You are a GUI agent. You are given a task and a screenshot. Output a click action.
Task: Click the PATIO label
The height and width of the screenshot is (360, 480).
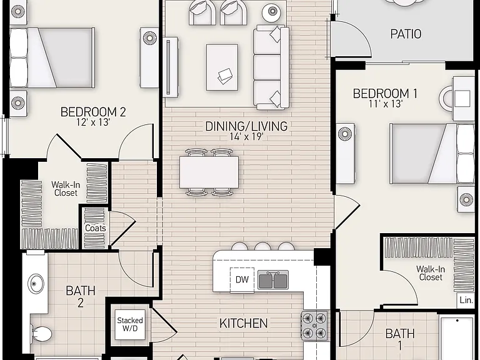click(x=406, y=34)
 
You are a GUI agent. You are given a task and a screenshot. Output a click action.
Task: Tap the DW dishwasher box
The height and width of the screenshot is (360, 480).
click(x=242, y=279)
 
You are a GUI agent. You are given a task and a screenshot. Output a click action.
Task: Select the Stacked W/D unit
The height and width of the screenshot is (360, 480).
click(x=130, y=324)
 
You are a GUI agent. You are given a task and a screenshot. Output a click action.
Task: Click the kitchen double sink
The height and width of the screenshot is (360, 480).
click(x=272, y=280)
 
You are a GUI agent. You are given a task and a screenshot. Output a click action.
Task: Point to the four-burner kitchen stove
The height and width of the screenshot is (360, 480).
click(x=314, y=326)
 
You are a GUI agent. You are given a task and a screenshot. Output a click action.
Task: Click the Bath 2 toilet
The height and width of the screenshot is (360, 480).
click(x=41, y=334)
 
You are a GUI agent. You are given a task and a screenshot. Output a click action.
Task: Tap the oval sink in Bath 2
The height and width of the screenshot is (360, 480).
click(x=36, y=284)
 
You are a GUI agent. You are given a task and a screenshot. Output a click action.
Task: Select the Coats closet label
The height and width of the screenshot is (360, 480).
click(x=96, y=228)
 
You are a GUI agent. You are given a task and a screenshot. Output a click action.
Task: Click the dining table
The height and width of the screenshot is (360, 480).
click(x=209, y=172)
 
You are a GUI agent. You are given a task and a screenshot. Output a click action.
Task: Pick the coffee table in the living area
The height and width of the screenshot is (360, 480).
click(x=222, y=67)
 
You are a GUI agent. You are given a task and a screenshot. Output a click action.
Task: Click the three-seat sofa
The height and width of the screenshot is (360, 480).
click(x=271, y=67)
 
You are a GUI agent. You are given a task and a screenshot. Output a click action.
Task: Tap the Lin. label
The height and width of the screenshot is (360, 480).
click(x=466, y=300)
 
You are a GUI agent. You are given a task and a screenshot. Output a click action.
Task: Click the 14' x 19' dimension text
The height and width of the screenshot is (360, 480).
click(x=246, y=136)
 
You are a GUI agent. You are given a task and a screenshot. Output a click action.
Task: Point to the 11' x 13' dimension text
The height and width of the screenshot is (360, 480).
click(x=386, y=104)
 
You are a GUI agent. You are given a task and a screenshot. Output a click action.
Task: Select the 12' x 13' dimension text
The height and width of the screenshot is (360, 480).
click(x=93, y=122)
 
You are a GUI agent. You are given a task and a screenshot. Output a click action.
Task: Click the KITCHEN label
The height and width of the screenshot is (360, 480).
click(x=243, y=323)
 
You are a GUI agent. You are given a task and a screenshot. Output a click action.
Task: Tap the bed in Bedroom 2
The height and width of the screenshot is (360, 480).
click(x=52, y=57)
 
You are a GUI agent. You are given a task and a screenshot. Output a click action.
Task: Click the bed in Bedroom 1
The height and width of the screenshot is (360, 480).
click(x=432, y=154)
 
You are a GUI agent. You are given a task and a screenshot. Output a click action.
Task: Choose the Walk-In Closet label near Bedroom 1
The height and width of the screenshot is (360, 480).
click(x=431, y=273)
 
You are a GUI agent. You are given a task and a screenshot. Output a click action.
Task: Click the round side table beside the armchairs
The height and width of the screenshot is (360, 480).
click(x=272, y=12)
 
